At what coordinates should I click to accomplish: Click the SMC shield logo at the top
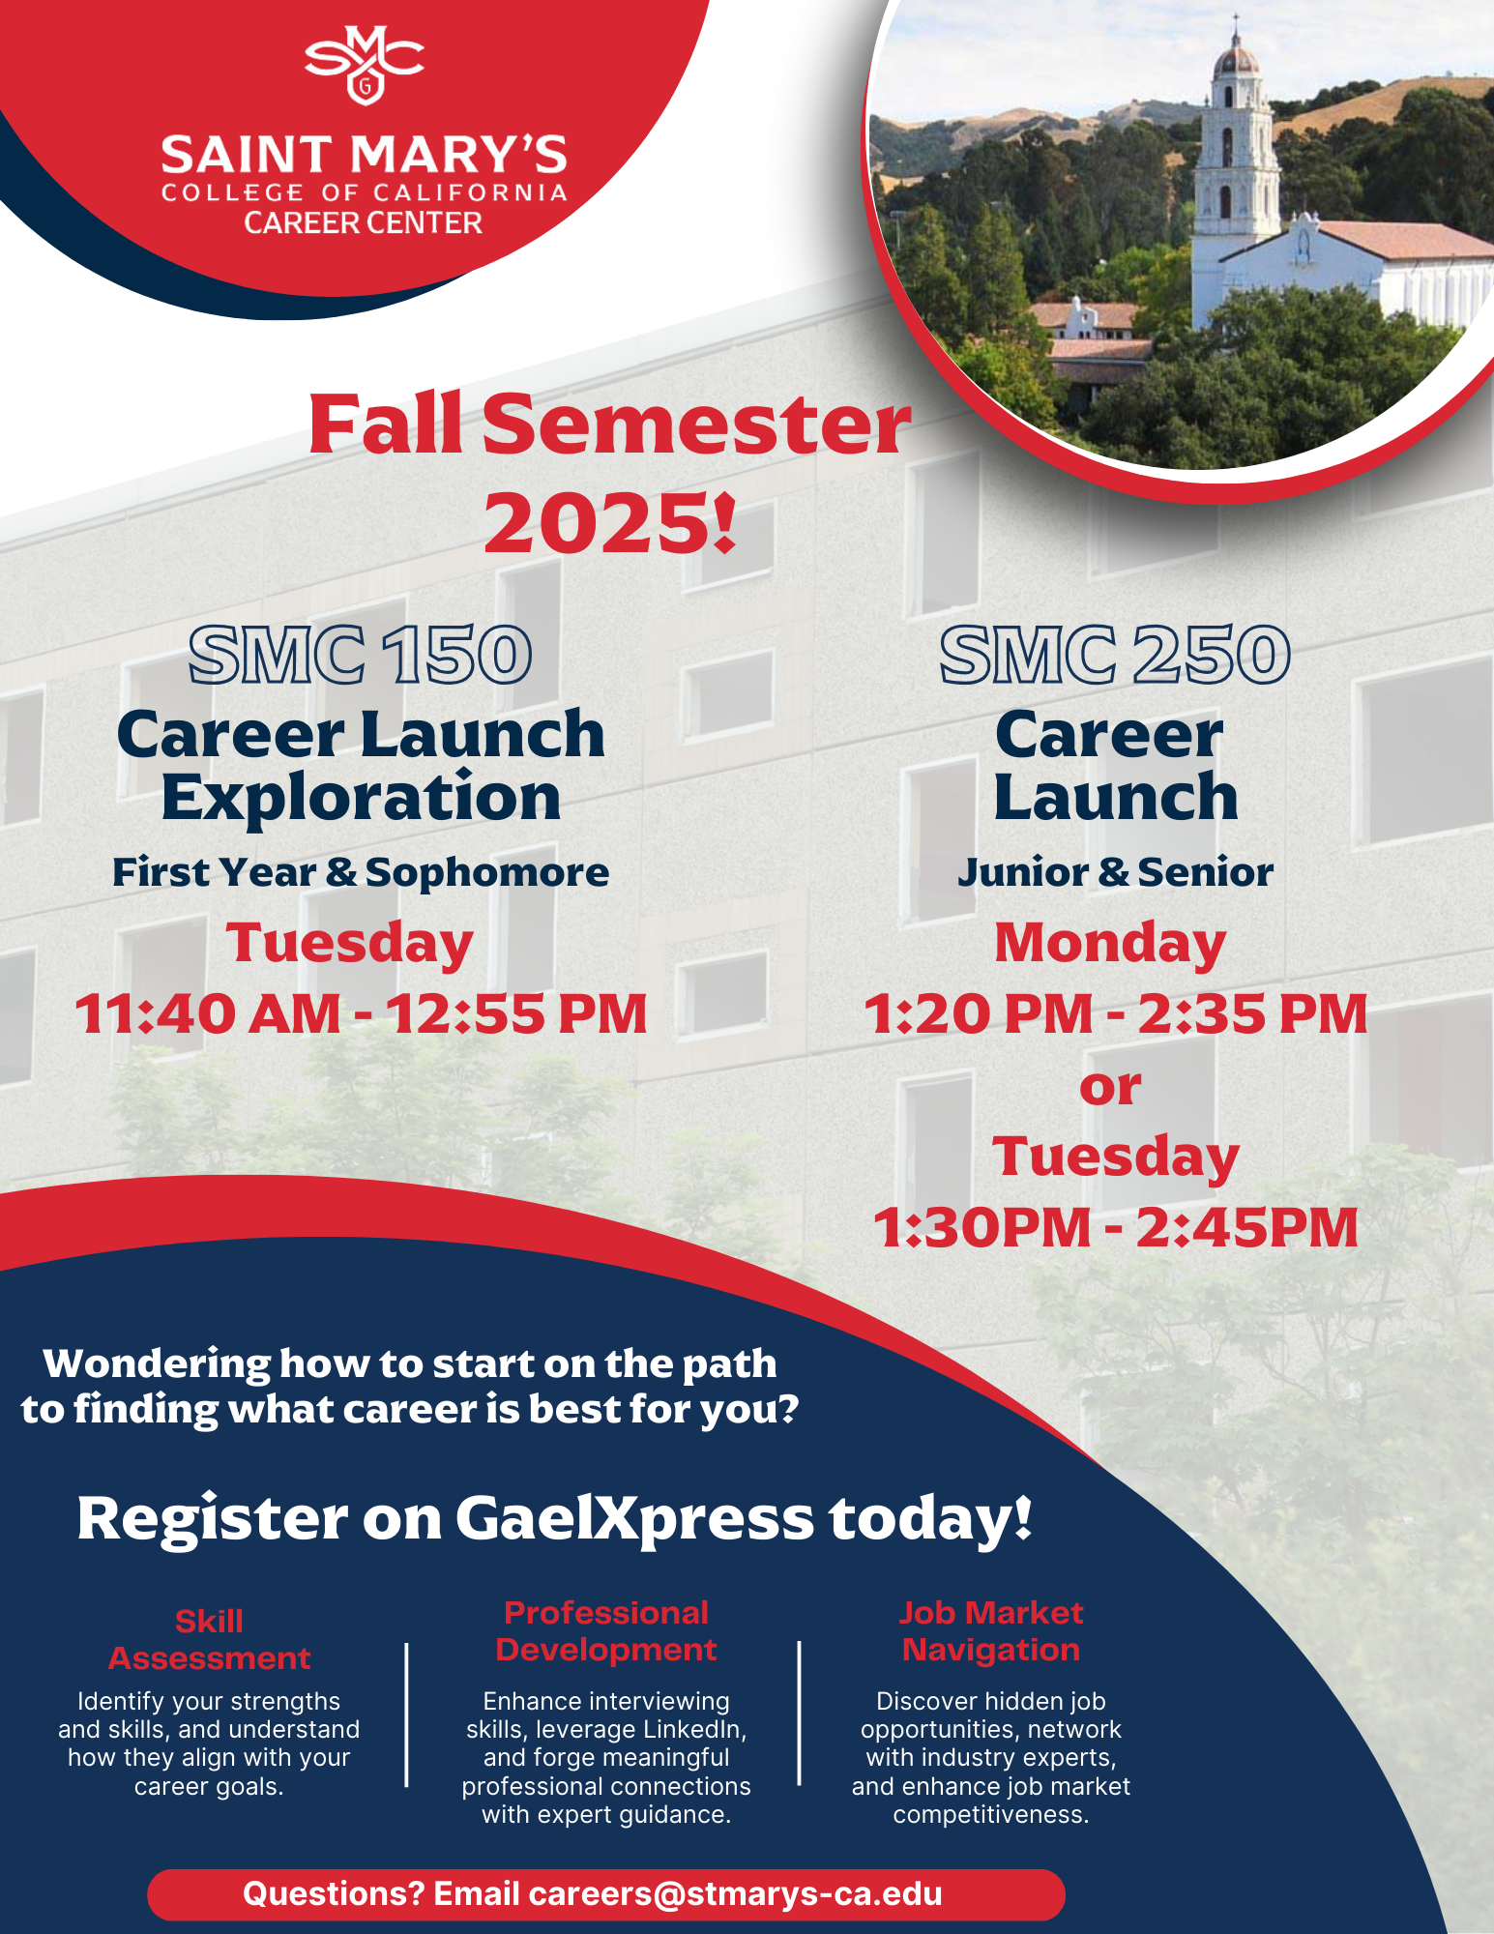coord(365,64)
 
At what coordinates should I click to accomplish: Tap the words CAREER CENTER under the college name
coord(363,223)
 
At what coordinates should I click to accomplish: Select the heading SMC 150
coord(360,655)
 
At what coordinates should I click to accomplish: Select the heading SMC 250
coord(1115,655)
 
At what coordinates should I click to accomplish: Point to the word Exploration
coord(361,798)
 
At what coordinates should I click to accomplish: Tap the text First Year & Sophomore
coord(361,872)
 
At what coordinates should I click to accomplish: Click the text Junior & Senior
coord(1115,872)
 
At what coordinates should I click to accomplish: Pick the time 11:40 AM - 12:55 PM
coord(361,1013)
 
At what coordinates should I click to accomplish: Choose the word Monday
coord(1110,943)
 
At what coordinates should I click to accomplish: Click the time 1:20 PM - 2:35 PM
coord(1115,1013)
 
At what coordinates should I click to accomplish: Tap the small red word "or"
coord(1110,1089)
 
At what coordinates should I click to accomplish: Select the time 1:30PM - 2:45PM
coord(1115,1228)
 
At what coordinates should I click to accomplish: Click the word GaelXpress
coord(634,1519)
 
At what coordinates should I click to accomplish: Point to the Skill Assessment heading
coord(209,1640)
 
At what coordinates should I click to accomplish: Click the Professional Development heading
coord(606,1631)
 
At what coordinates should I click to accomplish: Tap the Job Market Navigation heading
coord(991,1631)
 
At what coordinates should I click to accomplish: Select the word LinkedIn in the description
coord(694,1729)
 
